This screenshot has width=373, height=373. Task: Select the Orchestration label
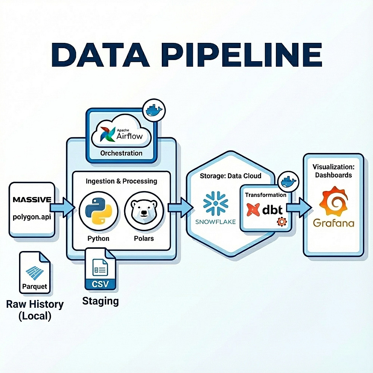pyautogui.click(x=121, y=153)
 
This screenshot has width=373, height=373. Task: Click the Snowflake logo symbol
pyautogui.click(x=215, y=203)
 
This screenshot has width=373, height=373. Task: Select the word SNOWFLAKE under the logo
pyautogui.click(x=216, y=222)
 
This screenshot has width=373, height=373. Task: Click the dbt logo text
pyautogui.click(x=273, y=210)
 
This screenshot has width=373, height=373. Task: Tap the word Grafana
pyautogui.click(x=333, y=223)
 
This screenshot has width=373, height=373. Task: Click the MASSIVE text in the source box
pyautogui.click(x=32, y=200)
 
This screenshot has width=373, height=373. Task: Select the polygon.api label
pyautogui.click(x=32, y=216)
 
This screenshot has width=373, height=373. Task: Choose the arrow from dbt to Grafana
pyautogui.click(x=298, y=209)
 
